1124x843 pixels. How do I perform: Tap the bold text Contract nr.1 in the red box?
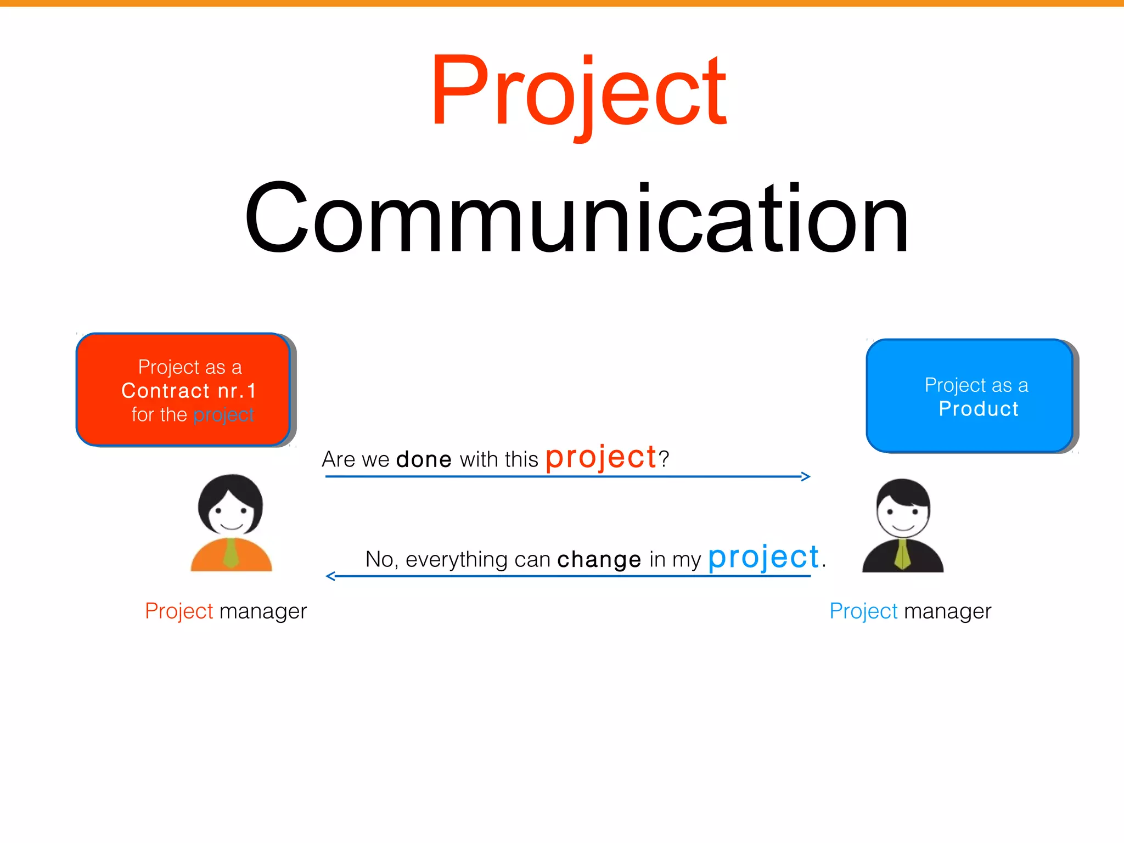tap(189, 391)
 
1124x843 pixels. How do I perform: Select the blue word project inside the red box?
tap(223, 415)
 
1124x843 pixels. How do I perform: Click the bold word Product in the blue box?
tap(979, 409)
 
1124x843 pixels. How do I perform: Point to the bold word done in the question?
tap(424, 459)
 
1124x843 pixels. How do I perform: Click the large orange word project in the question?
tap(601, 457)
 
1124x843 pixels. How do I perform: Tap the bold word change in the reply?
tap(599, 559)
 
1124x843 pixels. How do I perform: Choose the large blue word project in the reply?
tap(763, 558)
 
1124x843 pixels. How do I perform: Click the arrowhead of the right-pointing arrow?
tap(806, 476)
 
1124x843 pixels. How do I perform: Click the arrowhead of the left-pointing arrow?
tap(330, 576)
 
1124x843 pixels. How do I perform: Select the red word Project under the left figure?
tap(179, 611)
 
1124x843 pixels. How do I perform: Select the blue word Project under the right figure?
tap(863, 611)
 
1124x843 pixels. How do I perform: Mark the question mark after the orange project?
tap(664, 458)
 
